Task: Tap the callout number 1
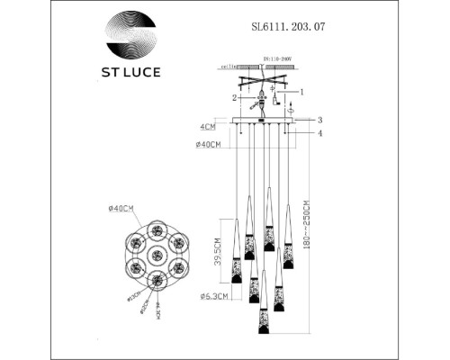[x=301, y=91]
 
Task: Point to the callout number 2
[x=233, y=97]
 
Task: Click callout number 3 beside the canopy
[x=319, y=119]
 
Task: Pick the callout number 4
[x=319, y=133]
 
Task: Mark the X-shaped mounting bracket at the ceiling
[x=261, y=87]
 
